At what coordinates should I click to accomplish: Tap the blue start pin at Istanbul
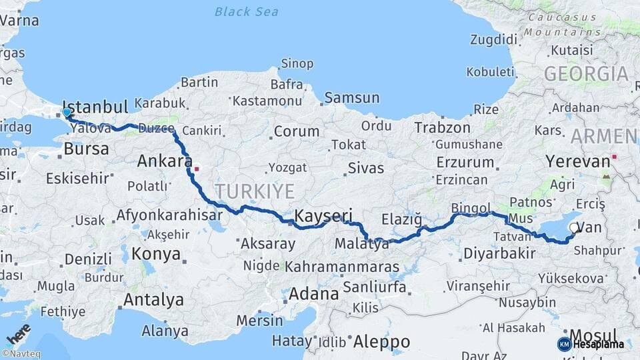(x=67, y=113)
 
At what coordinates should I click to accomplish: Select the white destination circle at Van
(x=575, y=228)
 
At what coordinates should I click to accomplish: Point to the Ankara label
(x=161, y=161)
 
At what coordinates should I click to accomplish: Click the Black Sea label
(x=247, y=12)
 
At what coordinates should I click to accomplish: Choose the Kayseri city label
(x=323, y=215)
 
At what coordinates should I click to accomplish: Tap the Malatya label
(x=362, y=244)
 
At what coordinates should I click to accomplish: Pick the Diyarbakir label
(x=500, y=253)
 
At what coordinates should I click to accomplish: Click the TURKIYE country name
(x=255, y=192)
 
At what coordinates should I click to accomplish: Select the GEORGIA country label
(x=587, y=74)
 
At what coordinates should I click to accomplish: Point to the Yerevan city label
(x=578, y=161)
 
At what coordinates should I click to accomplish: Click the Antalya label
(x=154, y=300)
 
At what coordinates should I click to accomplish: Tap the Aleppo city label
(x=381, y=342)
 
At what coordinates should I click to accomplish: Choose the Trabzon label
(x=441, y=127)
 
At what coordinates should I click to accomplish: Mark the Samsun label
(x=351, y=98)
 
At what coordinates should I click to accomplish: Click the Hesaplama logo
(x=591, y=344)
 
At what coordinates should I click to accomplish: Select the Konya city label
(x=156, y=254)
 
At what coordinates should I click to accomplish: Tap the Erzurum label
(x=465, y=162)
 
